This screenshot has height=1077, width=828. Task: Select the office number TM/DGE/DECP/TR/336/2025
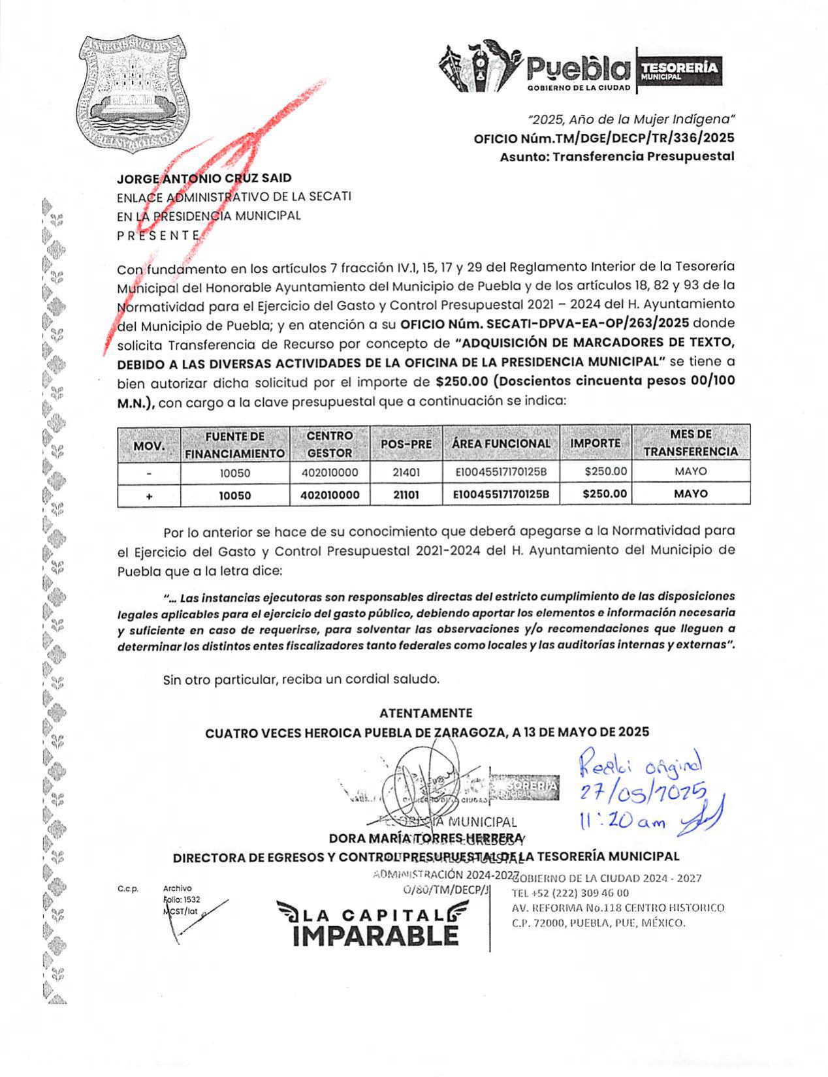click(603, 138)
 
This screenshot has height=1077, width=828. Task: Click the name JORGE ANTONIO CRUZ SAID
click(204, 178)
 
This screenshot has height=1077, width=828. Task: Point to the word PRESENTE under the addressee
click(158, 235)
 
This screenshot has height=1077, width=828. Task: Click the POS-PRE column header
click(406, 444)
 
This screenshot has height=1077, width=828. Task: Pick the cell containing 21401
click(406, 472)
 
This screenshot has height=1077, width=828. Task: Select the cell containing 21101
click(406, 495)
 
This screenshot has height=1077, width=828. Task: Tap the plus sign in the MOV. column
click(149, 495)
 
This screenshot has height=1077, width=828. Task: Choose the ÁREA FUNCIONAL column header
click(501, 444)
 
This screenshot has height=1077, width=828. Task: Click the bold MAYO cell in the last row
click(690, 494)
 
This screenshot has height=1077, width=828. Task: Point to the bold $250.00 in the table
click(604, 494)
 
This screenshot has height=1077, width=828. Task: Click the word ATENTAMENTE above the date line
click(425, 713)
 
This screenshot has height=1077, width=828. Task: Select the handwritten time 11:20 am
click(620, 822)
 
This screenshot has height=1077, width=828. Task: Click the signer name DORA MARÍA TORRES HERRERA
click(425, 838)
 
